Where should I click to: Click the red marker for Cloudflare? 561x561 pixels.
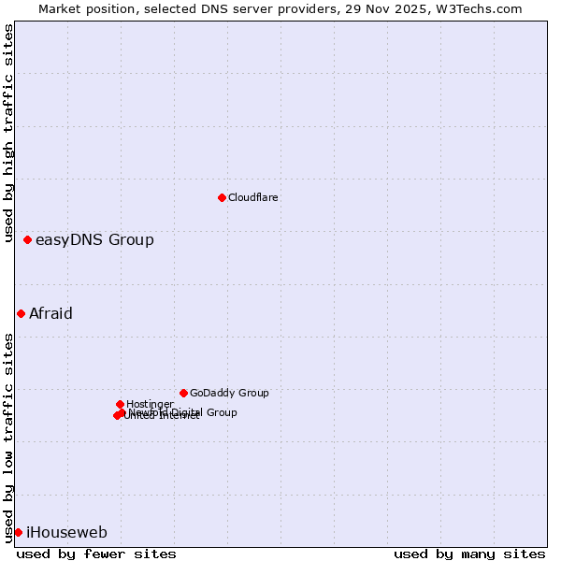point(222,197)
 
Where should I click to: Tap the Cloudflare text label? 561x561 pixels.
point(253,198)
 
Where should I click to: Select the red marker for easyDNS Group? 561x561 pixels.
point(27,240)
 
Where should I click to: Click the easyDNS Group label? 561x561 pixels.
point(94,240)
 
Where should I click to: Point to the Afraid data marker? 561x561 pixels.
point(21,313)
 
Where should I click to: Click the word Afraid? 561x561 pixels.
point(50,314)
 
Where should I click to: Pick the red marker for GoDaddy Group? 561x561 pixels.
point(183,393)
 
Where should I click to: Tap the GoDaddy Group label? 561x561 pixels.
point(229,394)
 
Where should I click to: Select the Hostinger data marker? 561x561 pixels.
point(120,404)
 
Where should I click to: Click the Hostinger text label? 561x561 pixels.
point(150,405)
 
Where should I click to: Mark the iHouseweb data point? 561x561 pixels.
point(18,532)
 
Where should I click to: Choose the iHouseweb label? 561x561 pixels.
point(66,533)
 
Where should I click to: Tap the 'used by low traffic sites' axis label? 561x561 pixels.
point(9,438)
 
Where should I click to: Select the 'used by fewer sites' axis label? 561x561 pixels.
point(96,554)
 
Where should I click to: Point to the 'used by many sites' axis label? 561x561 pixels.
point(469,554)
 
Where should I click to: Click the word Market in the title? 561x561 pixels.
point(61,9)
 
